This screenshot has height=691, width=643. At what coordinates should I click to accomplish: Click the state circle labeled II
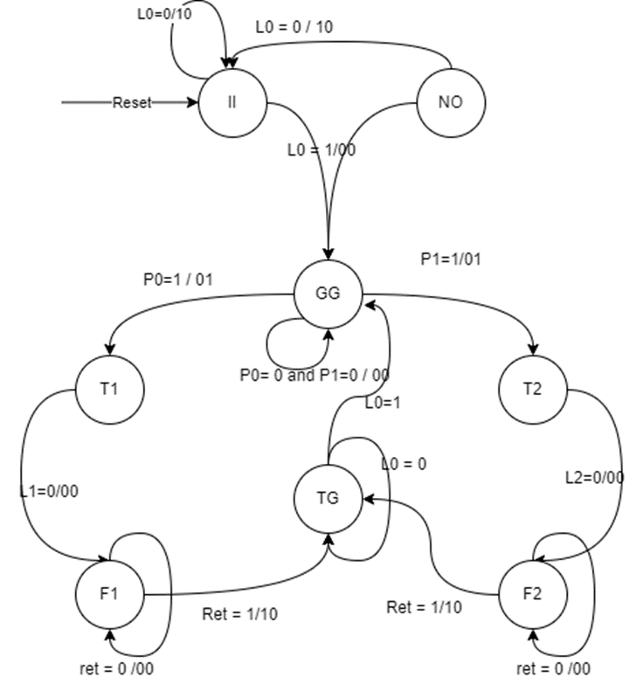pyautogui.click(x=232, y=103)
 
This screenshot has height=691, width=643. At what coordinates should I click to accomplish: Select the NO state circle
pyautogui.click(x=450, y=103)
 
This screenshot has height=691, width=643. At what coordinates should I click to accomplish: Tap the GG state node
pyautogui.click(x=327, y=294)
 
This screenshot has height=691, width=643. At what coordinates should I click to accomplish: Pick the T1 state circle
pyautogui.click(x=108, y=390)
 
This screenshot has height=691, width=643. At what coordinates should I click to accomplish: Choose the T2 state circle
pyautogui.click(x=532, y=390)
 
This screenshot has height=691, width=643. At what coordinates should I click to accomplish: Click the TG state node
pyautogui.click(x=328, y=499)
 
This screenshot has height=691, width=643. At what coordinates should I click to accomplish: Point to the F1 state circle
pyautogui.click(x=109, y=595)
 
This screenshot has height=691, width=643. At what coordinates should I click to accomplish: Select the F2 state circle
pyautogui.click(x=532, y=595)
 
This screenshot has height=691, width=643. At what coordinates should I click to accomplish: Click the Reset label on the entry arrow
pyautogui.click(x=132, y=103)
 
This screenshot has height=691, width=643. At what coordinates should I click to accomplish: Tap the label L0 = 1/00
pyautogui.click(x=321, y=149)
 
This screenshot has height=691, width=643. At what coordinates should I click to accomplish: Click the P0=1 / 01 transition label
pyautogui.click(x=178, y=280)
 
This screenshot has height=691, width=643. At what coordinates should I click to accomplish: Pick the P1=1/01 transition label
pyautogui.click(x=451, y=259)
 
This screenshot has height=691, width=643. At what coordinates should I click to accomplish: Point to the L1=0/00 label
pyautogui.click(x=49, y=491)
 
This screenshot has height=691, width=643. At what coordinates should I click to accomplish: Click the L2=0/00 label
pyautogui.click(x=595, y=477)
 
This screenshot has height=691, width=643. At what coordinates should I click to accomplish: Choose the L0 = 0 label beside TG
pyautogui.click(x=404, y=465)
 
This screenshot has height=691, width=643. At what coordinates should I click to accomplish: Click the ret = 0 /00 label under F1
pyautogui.click(x=115, y=669)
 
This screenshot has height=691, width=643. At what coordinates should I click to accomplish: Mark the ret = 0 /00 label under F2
pyautogui.click(x=553, y=669)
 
